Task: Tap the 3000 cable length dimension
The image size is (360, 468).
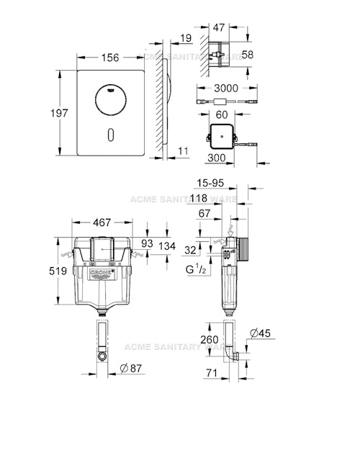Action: click(225, 87)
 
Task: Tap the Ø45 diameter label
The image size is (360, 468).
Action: click(261, 332)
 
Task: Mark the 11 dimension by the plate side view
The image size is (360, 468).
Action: click(183, 150)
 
